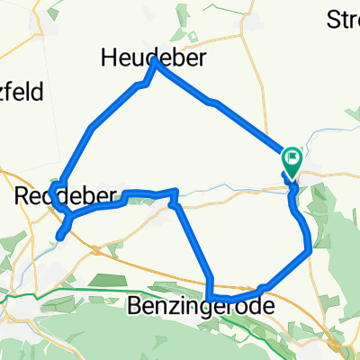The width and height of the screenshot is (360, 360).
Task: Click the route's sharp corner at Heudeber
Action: point(156,60)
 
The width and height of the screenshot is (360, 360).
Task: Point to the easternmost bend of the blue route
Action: point(310,250)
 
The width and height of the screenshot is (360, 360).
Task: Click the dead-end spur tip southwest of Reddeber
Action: point(59,238)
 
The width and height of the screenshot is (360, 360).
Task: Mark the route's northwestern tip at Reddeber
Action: point(56,185)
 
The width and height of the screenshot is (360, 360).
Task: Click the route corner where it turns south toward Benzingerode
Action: point(175,193)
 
